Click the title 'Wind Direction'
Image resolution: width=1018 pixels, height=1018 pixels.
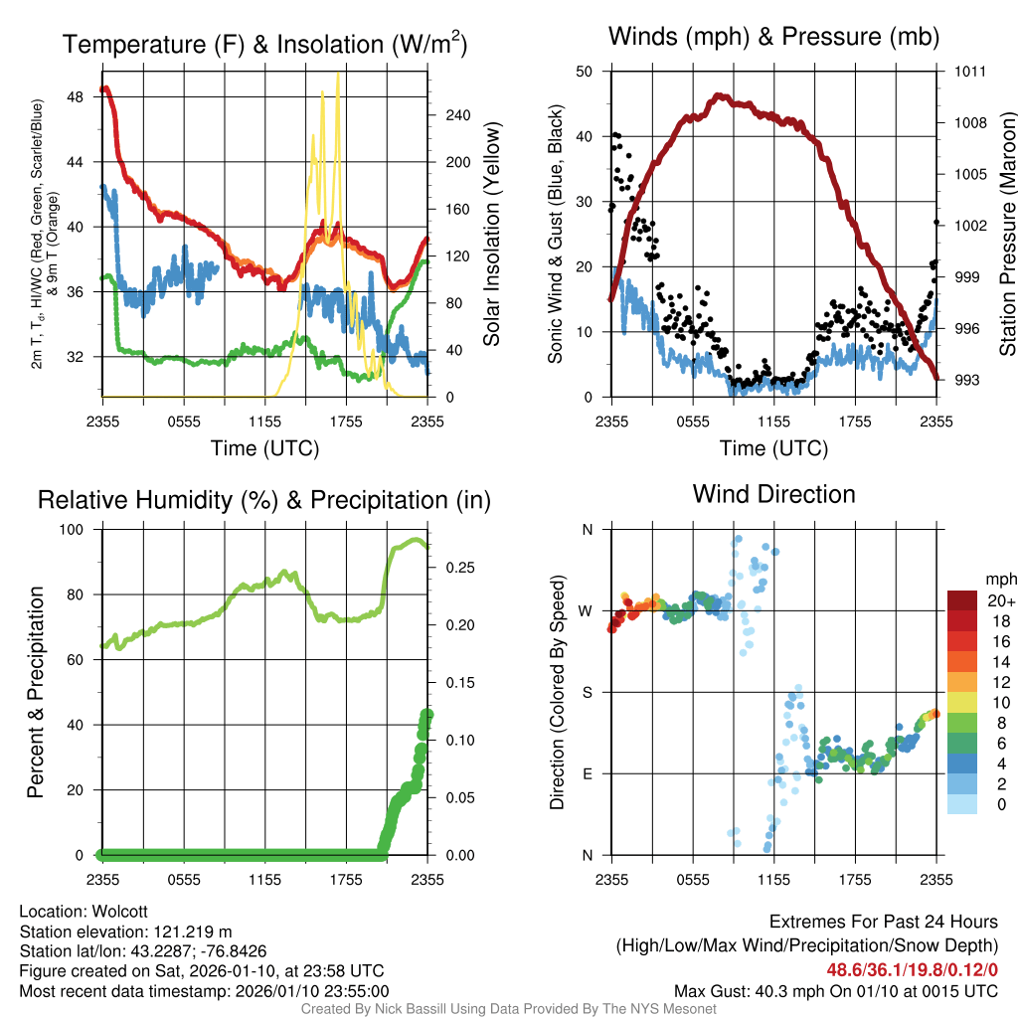(773, 494)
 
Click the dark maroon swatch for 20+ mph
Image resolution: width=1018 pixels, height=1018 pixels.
(962, 599)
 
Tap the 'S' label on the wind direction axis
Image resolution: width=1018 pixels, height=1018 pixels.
(587, 692)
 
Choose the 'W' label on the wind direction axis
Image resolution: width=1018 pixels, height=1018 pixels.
(587, 610)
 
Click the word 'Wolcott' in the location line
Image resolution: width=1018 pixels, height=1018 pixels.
(121, 912)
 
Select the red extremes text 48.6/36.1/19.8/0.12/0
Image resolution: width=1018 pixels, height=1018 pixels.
(912, 969)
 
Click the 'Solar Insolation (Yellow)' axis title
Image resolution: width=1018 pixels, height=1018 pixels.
(491, 235)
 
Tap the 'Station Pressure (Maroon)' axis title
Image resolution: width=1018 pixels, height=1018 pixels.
(1007, 236)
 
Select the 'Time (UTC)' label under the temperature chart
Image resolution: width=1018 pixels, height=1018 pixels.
(264, 448)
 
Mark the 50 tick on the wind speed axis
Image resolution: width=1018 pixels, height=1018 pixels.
(585, 71)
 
